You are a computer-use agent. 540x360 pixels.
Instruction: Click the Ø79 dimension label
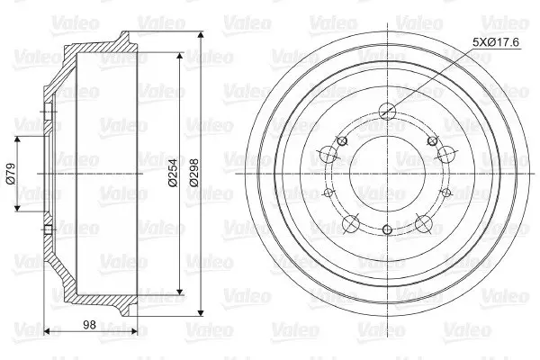[x=11, y=174]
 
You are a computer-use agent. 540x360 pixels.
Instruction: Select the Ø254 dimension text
[x=173, y=173]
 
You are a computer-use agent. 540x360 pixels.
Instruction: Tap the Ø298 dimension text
[x=193, y=173]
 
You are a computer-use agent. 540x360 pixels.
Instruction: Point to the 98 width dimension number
[x=89, y=324]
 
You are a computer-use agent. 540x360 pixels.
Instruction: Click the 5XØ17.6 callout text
[x=496, y=42]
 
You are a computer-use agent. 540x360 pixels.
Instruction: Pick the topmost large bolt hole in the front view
[x=387, y=112]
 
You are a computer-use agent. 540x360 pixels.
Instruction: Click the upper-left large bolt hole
[x=328, y=154]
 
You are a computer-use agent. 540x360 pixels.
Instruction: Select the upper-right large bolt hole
[x=446, y=154]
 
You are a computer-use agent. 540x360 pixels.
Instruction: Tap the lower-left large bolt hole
[x=351, y=223]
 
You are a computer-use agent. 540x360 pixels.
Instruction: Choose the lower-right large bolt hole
[x=424, y=223]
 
